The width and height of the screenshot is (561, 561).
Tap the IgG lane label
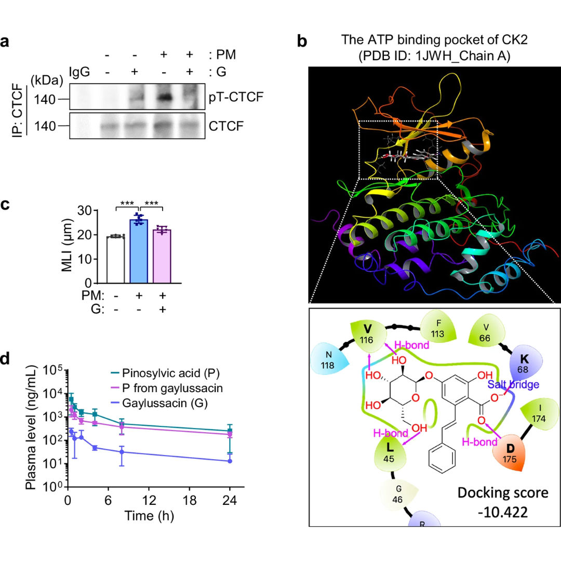click(x=79, y=72)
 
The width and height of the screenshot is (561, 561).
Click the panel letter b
click(x=302, y=42)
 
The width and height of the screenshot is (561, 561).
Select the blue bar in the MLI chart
click(x=139, y=251)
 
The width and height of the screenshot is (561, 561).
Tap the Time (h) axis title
click(x=149, y=516)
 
